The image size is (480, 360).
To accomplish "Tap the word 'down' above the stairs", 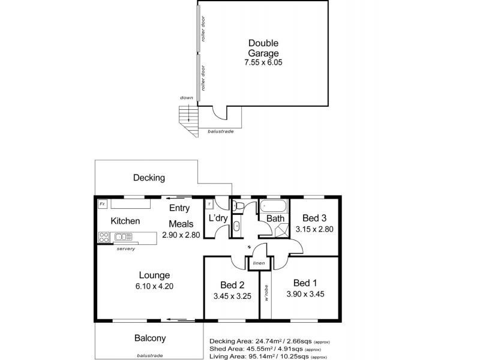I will [x=187, y=98].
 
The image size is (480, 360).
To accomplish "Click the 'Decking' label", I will [x=149, y=178].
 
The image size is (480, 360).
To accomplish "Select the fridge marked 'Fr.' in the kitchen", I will [x=103, y=204].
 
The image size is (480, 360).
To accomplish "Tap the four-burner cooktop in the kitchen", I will [x=103, y=237].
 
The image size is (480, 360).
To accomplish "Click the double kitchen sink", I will [x=124, y=237].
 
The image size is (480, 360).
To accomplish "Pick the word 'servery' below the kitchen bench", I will [x=125, y=248].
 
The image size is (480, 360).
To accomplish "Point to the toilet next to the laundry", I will [x=238, y=206].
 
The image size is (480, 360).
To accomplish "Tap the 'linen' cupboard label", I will [x=259, y=263].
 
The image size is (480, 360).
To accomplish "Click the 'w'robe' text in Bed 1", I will [x=266, y=294].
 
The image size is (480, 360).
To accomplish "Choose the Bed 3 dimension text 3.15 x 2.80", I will [x=314, y=229].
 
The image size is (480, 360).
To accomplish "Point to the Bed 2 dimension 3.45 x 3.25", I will [x=232, y=296].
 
